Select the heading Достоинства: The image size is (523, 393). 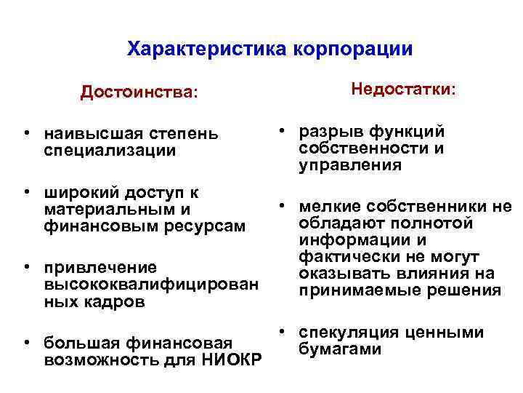pyautogui.click(x=139, y=92)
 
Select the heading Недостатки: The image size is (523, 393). pyautogui.click(x=404, y=90)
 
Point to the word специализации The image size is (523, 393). pyautogui.click(x=110, y=151)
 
